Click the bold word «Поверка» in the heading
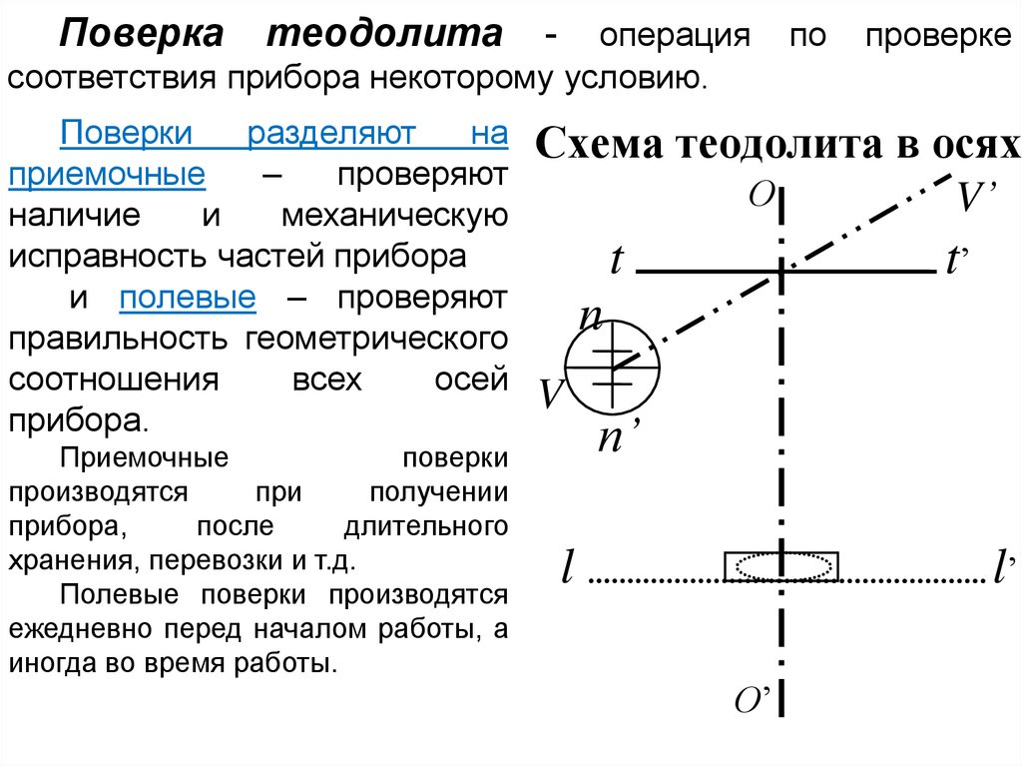(142, 33)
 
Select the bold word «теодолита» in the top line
(384, 33)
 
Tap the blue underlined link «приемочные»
(107, 174)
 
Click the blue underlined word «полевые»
(188, 298)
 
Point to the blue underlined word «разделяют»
(331, 134)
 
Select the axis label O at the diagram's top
(761, 194)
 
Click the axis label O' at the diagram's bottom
(753, 700)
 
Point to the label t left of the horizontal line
(617, 260)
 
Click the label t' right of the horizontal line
(957, 260)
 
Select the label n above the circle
(591, 318)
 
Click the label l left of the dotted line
(568, 567)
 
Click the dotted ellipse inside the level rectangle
(781, 566)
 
